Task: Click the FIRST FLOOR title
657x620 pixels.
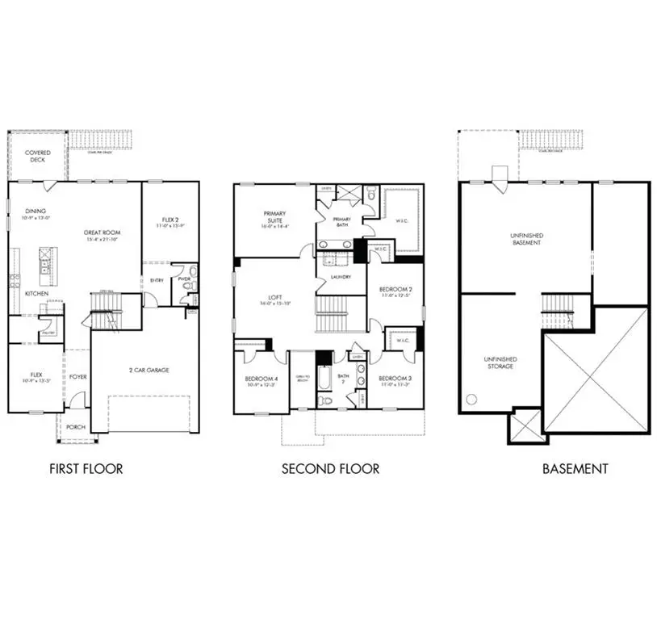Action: (x=86, y=468)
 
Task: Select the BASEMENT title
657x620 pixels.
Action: (x=575, y=468)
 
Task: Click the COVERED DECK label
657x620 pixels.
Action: (x=37, y=157)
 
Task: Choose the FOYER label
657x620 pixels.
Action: (x=78, y=377)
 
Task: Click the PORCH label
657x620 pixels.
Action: (x=76, y=427)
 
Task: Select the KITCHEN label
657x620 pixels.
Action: (x=36, y=294)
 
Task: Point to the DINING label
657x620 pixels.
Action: (x=36, y=212)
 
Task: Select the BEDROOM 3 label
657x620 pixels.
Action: (x=395, y=379)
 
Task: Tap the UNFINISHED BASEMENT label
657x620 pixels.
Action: (x=526, y=238)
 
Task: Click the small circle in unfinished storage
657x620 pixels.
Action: (x=471, y=398)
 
